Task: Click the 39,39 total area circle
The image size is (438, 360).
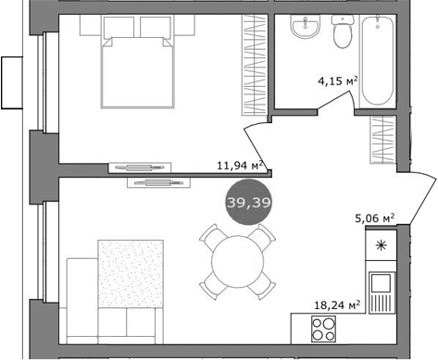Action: [x=243, y=203]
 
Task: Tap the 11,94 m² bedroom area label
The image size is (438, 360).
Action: [x=240, y=166]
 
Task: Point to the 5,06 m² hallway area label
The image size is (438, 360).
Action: [x=375, y=219]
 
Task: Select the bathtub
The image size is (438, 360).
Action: [x=380, y=61]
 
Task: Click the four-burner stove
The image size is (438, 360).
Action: [x=321, y=328]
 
